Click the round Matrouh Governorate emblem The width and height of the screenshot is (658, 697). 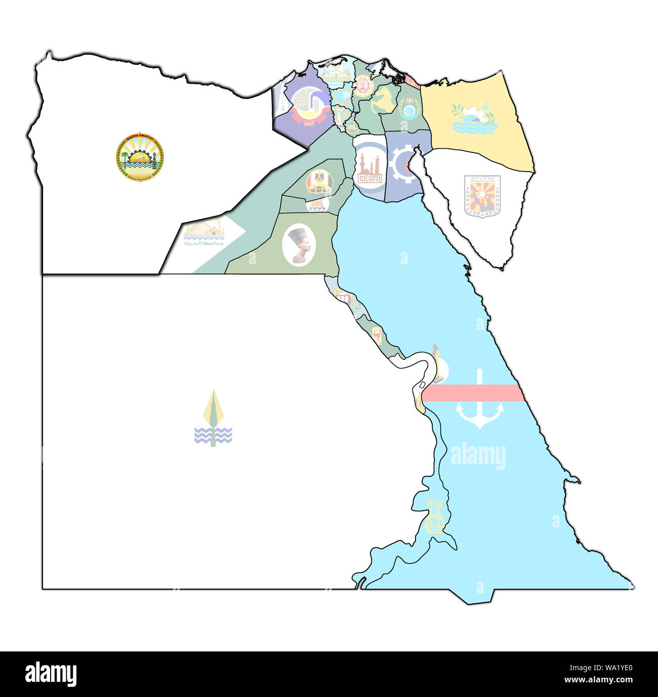pyautogui.click(x=139, y=157)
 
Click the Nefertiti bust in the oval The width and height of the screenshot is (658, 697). pyautogui.click(x=299, y=244)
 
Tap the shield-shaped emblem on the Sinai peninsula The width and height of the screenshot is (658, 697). pyautogui.click(x=482, y=196)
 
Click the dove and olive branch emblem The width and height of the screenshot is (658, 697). pyautogui.click(x=473, y=118)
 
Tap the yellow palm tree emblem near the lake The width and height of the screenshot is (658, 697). pyautogui.click(x=435, y=515)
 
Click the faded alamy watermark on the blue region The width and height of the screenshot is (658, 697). pyautogui.click(x=478, y=456)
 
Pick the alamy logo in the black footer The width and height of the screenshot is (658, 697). pyautogui.click(x=51, y=674)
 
